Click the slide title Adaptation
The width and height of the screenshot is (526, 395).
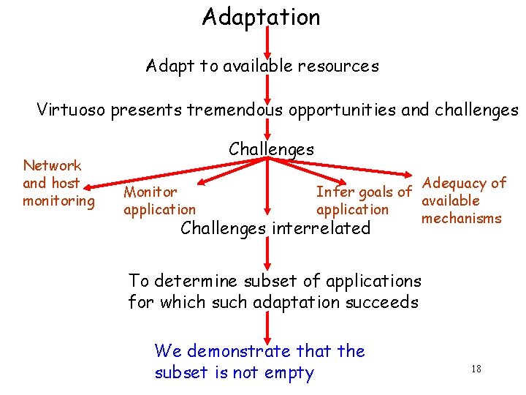(x=262, y=17)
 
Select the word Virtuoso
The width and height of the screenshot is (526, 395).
(x=72, y=110)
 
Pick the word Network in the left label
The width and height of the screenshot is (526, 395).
(x=52, y=165)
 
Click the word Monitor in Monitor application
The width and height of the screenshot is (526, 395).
(x=150, y=192)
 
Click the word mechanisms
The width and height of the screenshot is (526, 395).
(x=462, y=218)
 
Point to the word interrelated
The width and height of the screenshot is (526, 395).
(x=321, y=228)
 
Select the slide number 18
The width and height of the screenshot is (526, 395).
(x=476, y=369)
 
